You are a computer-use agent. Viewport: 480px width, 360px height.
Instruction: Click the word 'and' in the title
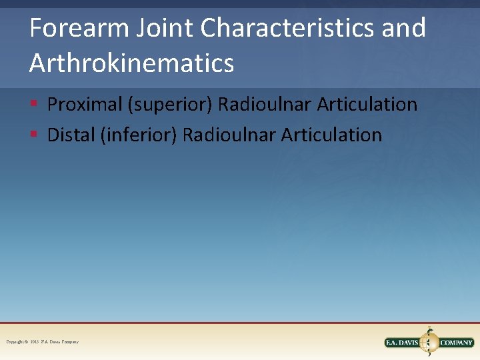[x=405, y=29]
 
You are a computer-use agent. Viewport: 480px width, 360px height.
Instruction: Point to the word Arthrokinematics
[x=131, y=63]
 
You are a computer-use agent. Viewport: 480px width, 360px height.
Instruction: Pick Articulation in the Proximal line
[x=367, y=105]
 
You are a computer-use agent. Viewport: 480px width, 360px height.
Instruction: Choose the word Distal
[x=71, y=135]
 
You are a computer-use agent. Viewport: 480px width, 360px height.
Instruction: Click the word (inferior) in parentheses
[x=139, y=135]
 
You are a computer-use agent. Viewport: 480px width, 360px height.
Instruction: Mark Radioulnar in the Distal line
[x=229, y=135]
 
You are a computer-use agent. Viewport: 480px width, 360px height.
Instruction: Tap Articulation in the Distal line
[x=332, y=135]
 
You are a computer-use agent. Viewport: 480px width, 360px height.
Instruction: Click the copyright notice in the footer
[x=42, y=342]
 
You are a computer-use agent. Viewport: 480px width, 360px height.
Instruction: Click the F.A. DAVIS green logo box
[x=403, y=343]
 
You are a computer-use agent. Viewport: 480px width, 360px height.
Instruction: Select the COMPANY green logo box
[x=456, y=343]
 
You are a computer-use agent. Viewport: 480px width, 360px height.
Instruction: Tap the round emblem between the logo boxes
[x=430, y=341]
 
